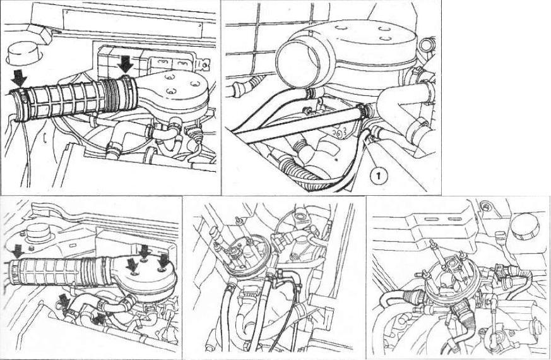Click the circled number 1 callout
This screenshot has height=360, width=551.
378,175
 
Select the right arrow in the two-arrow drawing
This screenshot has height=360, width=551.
125,65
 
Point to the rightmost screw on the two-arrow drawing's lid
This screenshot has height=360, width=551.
193,83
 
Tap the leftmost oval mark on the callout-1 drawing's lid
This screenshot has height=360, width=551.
340,27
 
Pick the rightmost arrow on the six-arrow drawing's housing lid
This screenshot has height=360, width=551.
164,261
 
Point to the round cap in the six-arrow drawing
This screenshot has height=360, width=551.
39,232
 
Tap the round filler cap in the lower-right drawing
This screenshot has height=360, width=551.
524,226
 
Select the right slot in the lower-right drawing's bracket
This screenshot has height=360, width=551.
455,219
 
